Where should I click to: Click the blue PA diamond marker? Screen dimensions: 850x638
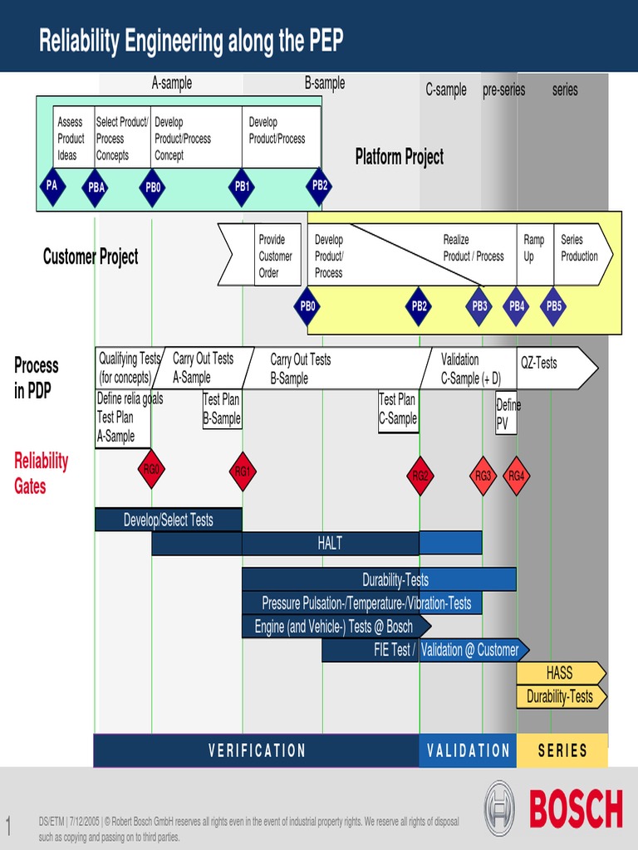(x=52, y=186)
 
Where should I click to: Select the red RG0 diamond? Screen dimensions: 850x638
(x=151, y=471)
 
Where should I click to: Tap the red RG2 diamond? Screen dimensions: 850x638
(x=420, y=476)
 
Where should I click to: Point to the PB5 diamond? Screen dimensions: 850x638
(x=554, y=306)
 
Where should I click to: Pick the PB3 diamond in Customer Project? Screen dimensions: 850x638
(x=479, y=306)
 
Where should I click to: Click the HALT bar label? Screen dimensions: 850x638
(x=330, y=544)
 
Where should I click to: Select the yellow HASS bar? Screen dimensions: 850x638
(x=559, y=672)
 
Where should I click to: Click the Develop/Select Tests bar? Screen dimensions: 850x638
(x=169, y=520)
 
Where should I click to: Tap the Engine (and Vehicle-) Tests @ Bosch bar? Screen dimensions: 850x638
(x=334, y=627)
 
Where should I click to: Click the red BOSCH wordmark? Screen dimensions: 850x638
(x=575, y=809)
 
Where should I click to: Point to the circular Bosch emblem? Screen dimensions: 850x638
(x=499, y=808)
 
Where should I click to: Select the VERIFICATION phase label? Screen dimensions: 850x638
(x=257, y=751)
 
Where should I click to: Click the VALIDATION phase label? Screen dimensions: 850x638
(x=468, y=751)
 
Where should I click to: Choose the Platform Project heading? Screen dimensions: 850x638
(x=400, y=157)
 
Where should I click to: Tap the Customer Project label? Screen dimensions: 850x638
(x=91, y=257)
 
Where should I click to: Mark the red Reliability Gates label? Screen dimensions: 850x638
(x=41, y=473)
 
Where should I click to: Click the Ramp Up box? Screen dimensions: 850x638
(x=534, y=248)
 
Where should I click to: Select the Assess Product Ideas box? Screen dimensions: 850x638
(x=72, y=139)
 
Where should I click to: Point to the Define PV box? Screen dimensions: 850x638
(x=506, y=413)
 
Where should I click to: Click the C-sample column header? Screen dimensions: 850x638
(x=446, y=90)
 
